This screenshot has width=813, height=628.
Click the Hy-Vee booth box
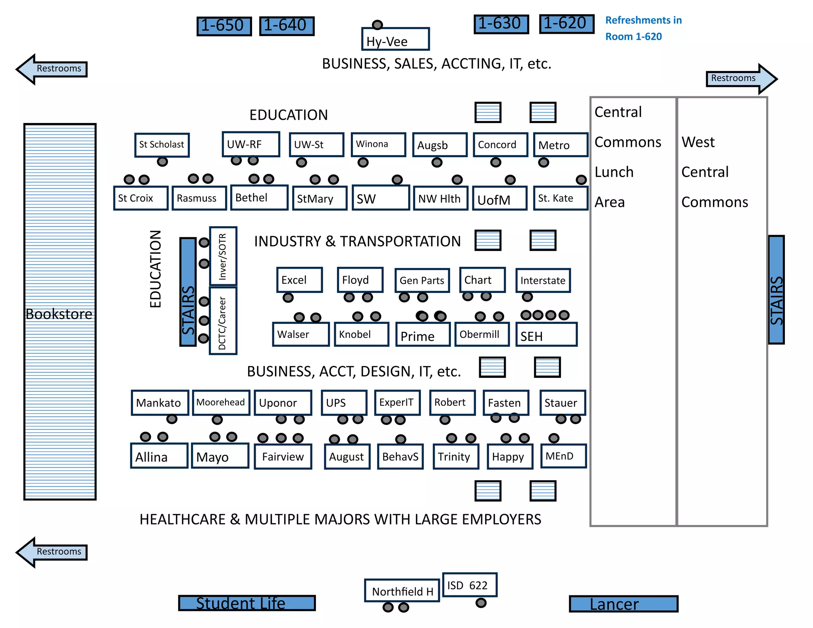tap(395, 39)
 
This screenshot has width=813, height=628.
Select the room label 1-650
tap(224, 26)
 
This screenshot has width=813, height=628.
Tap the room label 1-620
tap(566, 24)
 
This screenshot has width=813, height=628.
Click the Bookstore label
tap(59, 314)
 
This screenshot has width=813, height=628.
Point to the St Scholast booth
tap(162, 145)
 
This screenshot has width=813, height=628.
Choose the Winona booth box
tap(378, 144)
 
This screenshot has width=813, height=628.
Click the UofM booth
tap(499, 198)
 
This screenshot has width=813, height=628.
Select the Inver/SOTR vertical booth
tap(223, 256)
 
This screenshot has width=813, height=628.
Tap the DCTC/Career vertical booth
tap(223, 321)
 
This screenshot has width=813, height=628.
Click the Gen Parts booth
tap(422, 280)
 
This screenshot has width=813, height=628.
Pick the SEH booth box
tap(546, 335)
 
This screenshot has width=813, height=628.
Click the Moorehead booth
tap(221, 403)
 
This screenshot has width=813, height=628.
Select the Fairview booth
tap(283, 457)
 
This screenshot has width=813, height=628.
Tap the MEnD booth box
tap(563, 456)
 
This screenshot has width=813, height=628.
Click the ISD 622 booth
tap(469, 585)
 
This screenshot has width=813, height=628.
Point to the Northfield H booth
tap(402, 591)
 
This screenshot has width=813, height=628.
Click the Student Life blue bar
tap(247, 603)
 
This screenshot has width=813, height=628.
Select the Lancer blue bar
tap(623, 604)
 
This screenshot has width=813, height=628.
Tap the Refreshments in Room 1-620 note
tap(643, 28)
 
